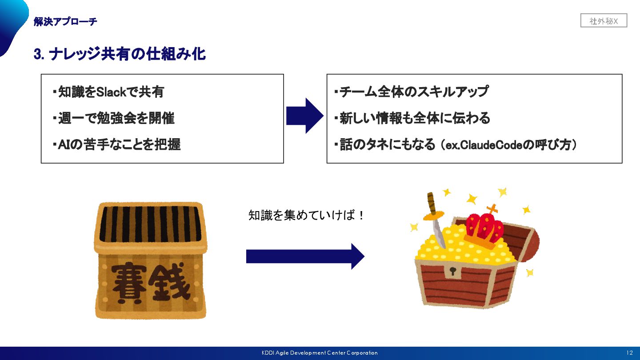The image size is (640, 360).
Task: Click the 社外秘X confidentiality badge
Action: point(604,21)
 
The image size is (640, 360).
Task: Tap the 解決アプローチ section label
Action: point(65,21)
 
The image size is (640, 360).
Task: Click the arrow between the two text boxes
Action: point(305,116)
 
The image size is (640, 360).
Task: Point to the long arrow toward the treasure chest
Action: point(305,256)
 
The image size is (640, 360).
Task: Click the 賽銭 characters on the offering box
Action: point(151,281)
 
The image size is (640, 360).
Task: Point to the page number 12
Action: point(629,353)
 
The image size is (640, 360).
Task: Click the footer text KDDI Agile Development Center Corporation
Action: point(320,353)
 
